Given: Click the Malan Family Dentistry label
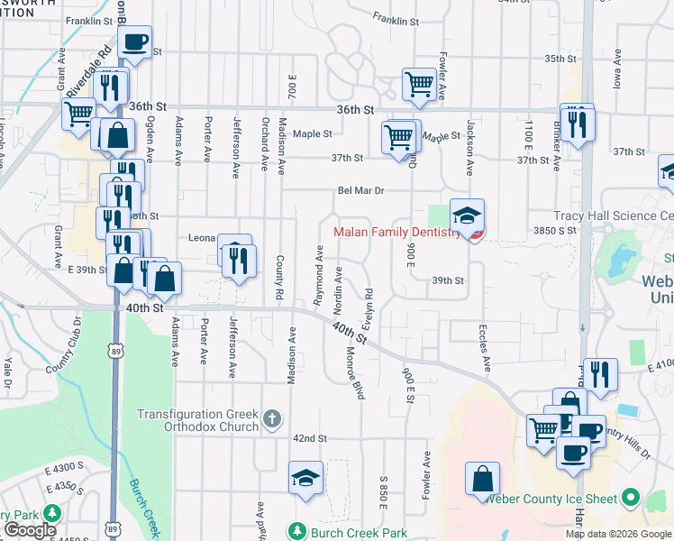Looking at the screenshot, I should pyautogui.click(x=396, y=233).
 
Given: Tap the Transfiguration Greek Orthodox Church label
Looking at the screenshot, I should pyautogui.click(x=197, y=420).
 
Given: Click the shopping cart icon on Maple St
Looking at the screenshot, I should pyautogui.click(x=400, y=139).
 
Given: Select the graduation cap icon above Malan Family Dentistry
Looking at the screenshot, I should pyautogui.click(x=467, y=216).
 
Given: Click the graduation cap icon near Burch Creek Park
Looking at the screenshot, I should pyautogui.click(x=305, y=479).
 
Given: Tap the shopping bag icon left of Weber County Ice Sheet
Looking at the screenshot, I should pyautogui.click(x=483, y=478).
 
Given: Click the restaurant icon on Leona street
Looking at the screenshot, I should pyautogui.click(x=238, y=261).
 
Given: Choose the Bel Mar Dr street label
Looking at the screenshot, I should pyautogui.click(x=361, y=191).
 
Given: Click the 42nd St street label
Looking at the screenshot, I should pyautogui.click(x=308, y=438).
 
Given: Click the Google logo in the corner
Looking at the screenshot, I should pyautogui.click(x=30, y=530).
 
